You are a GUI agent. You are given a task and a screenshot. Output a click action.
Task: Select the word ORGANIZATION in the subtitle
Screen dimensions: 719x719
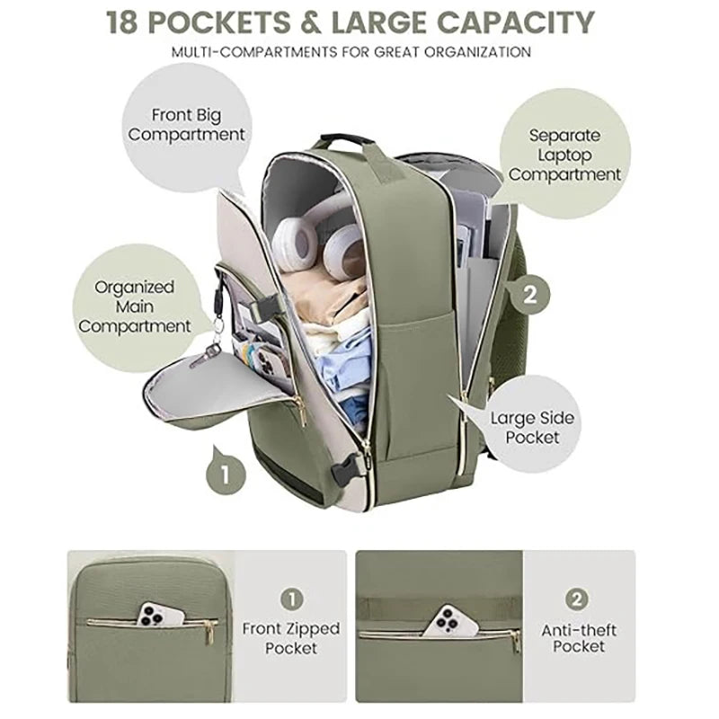pyautogui.click(x=478, y=52)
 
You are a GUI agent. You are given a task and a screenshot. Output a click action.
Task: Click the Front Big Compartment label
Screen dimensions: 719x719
pyautogui.click(x=186, y=124)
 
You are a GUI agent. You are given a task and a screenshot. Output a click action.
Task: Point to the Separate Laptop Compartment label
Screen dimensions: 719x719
pyautogui.click(x=564, y=155)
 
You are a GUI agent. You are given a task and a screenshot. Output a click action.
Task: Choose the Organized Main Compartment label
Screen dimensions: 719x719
pyautogui.click(x=134, y=306)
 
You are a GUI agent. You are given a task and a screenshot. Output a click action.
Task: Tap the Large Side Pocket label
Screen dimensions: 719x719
pyautogui.click(x=532, y=427)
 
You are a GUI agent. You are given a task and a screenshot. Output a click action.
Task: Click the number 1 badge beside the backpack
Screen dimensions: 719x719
pyautogui.click(x=226, y=475)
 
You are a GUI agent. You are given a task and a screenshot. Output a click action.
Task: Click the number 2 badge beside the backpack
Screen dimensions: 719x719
pyautogui.click(x=530, y=295)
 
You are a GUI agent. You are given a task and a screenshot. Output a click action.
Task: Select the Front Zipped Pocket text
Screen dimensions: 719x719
pyautogui.click(x=291, y=638)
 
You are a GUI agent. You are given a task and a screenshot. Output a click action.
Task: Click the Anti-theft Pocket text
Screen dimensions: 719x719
pyautogui.click(x=579, y=638)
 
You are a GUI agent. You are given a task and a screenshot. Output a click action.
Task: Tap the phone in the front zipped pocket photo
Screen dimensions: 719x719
pyautogui.click(x=161, y=615)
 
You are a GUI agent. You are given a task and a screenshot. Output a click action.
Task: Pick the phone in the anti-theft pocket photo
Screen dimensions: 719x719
pyautogui.click(x=449, y=621)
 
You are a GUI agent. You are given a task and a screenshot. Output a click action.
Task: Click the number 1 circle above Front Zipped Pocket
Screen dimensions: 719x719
pyautogui.click(x=291, y=599)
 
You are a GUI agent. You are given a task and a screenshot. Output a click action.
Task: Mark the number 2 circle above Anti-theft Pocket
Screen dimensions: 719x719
pyautogui.click(x=577, y=599)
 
